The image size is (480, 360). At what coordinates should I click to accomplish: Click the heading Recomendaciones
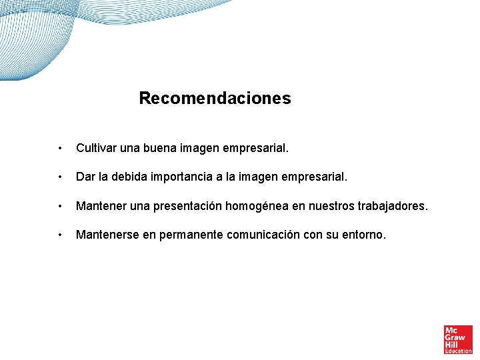(x=215, y=99)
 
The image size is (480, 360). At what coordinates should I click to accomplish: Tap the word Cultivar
(x=96, y=147)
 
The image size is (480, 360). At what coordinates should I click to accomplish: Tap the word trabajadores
(x=393, y=207)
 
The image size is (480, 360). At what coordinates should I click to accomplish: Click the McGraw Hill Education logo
(x=458, y=339)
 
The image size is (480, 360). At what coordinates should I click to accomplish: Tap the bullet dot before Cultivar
(x=60, y=148)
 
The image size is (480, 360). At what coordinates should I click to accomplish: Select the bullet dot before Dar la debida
(x=60, y=177)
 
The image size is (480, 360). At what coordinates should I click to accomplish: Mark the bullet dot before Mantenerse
(x=60, y=235)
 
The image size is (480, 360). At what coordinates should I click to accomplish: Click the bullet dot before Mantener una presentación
(x=60, y=207)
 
